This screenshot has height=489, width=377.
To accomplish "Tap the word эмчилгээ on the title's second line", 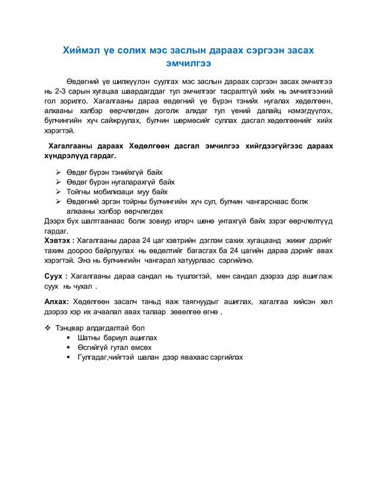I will click(x=188, y=63).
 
